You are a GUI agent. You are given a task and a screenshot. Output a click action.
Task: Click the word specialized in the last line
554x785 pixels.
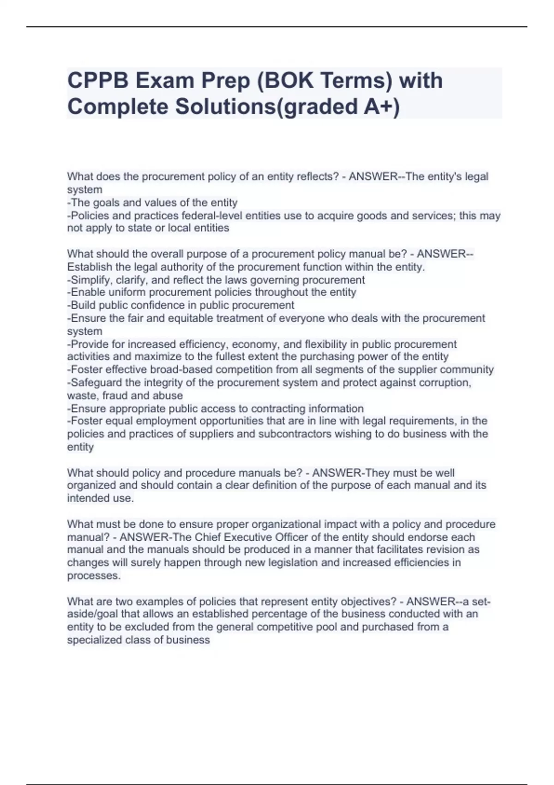(92, 640)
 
